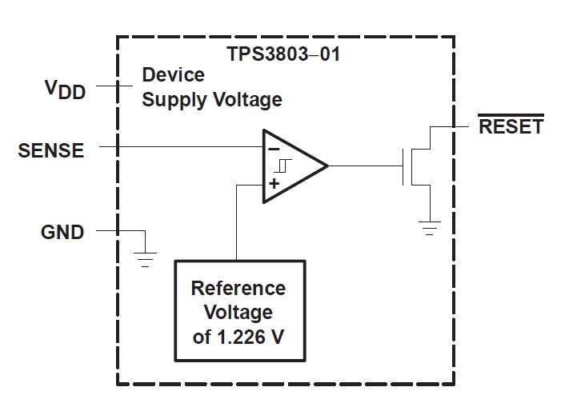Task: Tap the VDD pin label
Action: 63,88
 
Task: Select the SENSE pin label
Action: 50,150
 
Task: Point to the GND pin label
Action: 62,232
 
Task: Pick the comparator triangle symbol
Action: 293,166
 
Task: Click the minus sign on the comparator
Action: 274,149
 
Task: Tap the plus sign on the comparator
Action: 274,184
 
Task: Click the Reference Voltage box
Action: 238,310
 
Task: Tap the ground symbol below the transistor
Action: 431,228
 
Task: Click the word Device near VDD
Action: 173,75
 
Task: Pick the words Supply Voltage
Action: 212,100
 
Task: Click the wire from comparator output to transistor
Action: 364,166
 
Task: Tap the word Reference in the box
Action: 238,287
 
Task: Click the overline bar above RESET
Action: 511,116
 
